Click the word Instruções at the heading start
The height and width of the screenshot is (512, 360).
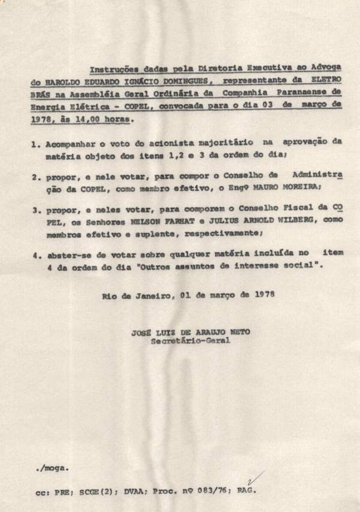[110, 69]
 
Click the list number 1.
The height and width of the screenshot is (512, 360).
[35, 144]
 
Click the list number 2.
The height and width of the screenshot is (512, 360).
[35, 177]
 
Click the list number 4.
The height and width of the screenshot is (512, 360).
[35, 254]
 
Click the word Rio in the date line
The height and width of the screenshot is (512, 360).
[109, 296]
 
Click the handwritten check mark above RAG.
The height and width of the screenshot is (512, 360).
[255, 478]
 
